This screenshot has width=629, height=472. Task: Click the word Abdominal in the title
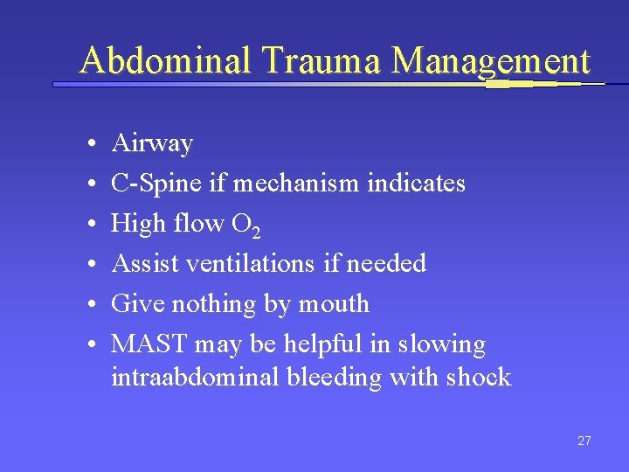(x=164, y=60)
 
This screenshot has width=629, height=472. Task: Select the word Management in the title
(x=491, y=60)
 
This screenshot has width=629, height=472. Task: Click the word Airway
(x=152, y=143)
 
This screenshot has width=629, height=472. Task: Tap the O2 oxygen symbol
(x=245, y=226)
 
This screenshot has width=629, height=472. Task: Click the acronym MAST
(x=145, y=344)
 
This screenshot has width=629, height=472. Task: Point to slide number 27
(x=584, y=441)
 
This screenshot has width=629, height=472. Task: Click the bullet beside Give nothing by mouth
(x=91, y=304)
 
